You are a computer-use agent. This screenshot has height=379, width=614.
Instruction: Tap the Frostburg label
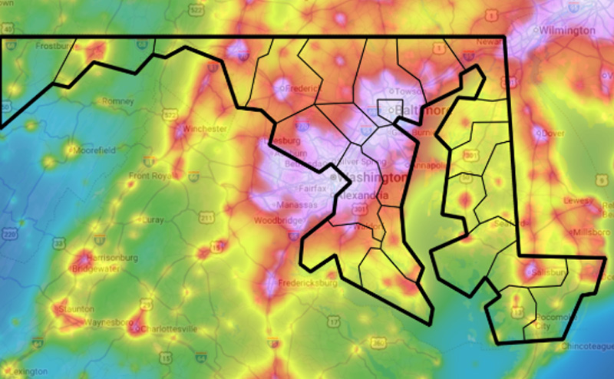[x=54, y=45]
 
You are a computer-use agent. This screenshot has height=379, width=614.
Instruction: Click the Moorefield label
[x=93, y=150]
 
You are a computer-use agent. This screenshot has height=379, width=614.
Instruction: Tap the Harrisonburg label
[x=112, y=258]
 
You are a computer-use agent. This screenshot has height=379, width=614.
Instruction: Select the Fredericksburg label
[x=310, y=283]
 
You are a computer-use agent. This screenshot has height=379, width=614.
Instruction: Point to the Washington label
[x=364, y=177]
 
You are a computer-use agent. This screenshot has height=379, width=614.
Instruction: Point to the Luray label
[x=153, y=219]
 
